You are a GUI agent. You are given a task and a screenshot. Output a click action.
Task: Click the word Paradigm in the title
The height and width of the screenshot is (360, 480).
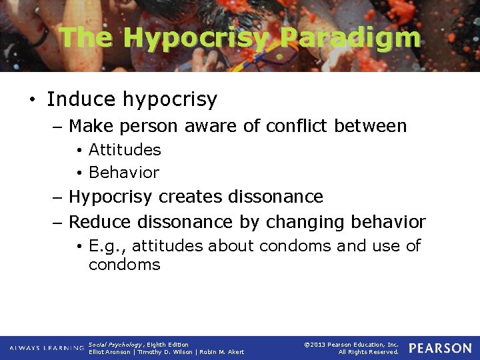tap(349, 38)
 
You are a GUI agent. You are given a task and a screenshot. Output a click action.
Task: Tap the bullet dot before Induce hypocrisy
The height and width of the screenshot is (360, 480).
tap(32, 100)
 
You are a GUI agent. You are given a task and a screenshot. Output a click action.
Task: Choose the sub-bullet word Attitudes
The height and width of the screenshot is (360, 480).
tap(125, 150)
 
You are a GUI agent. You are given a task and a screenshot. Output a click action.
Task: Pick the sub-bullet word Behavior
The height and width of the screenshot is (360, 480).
tap(124, 172)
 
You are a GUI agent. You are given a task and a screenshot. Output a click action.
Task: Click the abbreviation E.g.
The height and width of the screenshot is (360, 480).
tap(105, 246)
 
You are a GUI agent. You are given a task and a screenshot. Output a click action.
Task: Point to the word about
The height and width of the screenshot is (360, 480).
tap(231, 246)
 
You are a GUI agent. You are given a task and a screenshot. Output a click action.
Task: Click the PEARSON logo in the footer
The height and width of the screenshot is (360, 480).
tap(440, 348)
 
